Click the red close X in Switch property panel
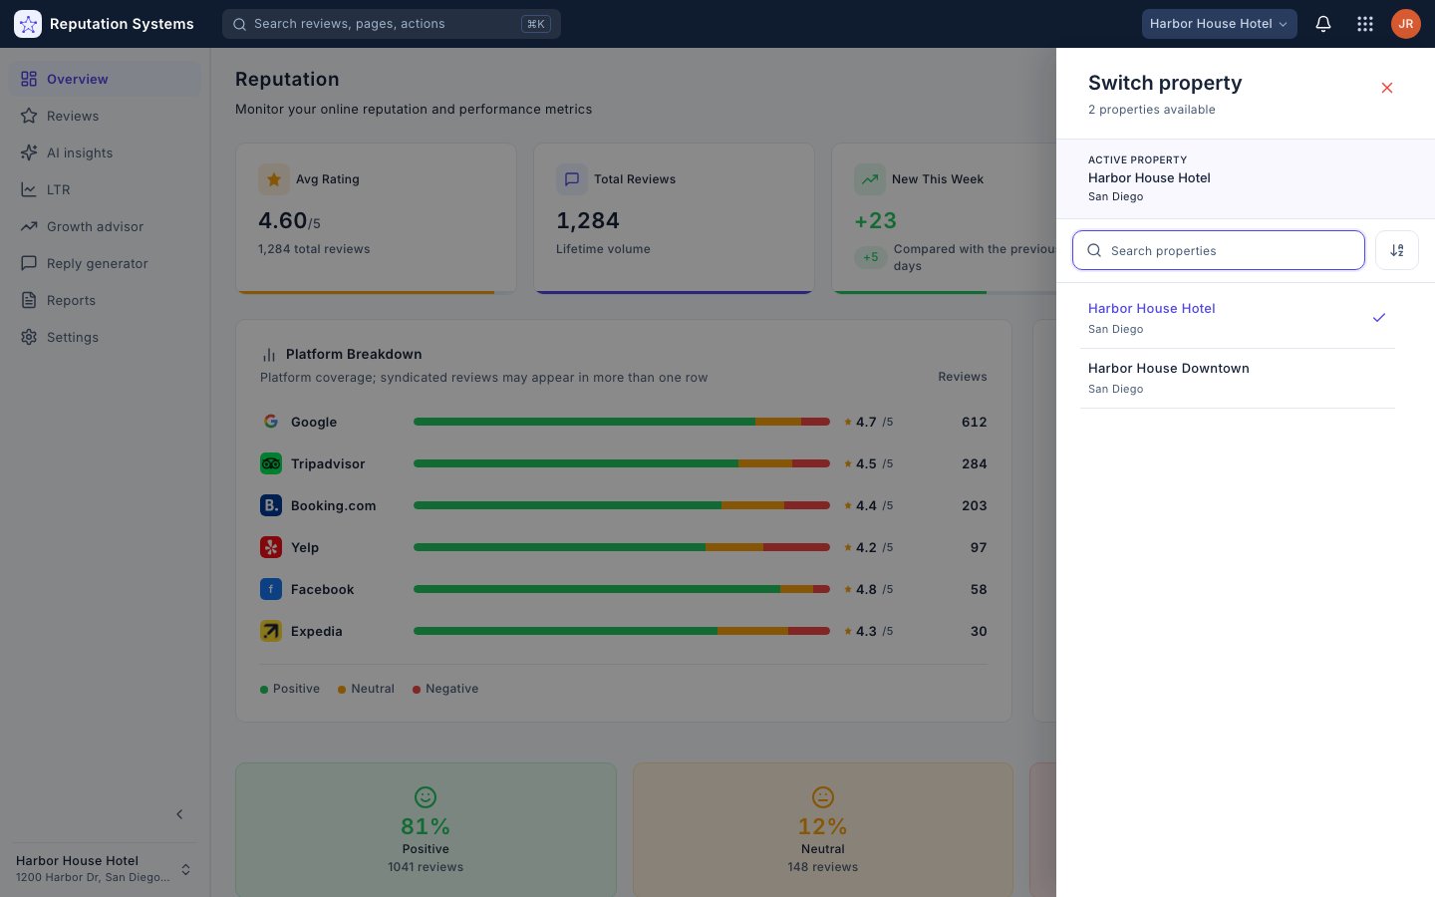(x=1387, y=88)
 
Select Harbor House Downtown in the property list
(x=1169, y=369)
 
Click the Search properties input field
(x=1219, y=250)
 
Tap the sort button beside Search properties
(x=1396, y=250)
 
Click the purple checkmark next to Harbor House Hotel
(x=1379, y=317)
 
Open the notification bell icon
(x=1323, y=24)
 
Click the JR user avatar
(x=1405, y=24)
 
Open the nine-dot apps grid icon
(x=1364, y=24)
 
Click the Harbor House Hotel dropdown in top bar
(x=1219, y=24)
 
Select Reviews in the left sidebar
(x=73, y=116)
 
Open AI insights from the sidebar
(x=80, y=153)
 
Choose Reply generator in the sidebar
(x=97, y=263)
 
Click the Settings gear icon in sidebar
(x=29, y=337)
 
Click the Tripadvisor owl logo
(x=270, y=463)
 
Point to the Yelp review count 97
(x=979, y=547)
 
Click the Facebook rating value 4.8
(x=866, y=589)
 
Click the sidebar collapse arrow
(x=179, y=814)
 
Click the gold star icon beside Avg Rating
(x=273, y=179)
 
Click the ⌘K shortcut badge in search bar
(x=535, y=24)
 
